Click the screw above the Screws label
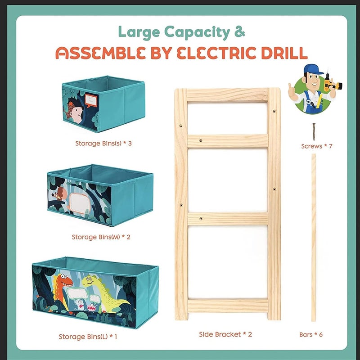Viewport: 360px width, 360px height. point(314,132)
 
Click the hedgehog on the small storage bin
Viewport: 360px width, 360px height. point(74,112)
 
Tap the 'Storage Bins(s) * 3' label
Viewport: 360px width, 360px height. point(103,144)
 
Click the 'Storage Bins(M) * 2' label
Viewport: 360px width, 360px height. point(101,237)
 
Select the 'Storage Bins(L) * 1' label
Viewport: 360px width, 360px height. point(88,337)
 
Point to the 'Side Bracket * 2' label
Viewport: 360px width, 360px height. point(225,334)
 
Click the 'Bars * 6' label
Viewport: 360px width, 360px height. point(311,334)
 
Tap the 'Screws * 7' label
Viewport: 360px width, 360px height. point(317,146)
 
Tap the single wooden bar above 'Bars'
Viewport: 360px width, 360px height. point(314,238)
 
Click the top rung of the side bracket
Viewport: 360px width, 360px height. point(227,95)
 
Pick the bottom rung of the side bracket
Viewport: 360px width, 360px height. point(228,306)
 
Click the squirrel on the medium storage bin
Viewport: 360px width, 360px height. point(59,193)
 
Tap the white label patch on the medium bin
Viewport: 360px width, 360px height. point(79,203)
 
